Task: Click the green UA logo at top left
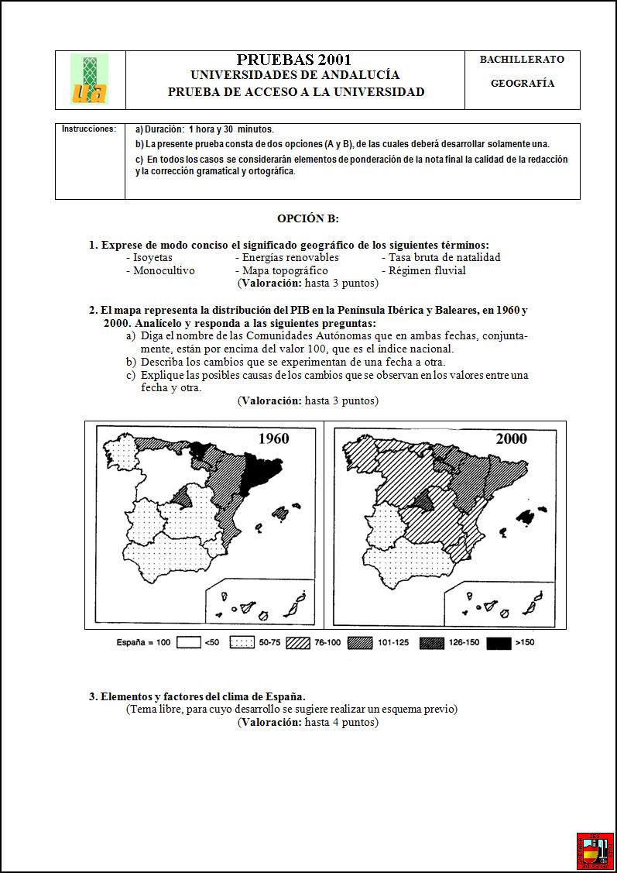[x=89, y=79]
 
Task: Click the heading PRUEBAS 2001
[x=294, y=60]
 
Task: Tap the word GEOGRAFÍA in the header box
[x=523, y=84]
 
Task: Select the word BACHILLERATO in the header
[x=522, y=60]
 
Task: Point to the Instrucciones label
[x=89, y=129]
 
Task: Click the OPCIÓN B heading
[x=308, y=219]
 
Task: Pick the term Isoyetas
[x=153, y=257]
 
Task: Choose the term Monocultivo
[x=163, y=270]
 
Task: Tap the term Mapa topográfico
[x=285, y=270]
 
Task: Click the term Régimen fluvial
[x=427, y=270]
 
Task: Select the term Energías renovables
[x=290, y=257]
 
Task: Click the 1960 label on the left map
[x=273, y=438]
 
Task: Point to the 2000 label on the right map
[x=511, y=438]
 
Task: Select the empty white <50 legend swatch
[x=188, y=643]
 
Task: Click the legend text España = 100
[x=143, y=643]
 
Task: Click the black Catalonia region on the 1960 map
[x=258, y=473]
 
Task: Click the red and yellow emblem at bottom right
[x=595, y=851]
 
